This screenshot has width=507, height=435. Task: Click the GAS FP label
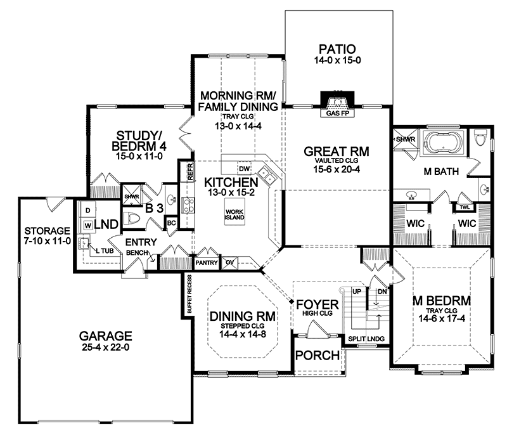click(337, 114)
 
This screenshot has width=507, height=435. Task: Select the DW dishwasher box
click(245, 168)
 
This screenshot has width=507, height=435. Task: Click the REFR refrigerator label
click(190, 171)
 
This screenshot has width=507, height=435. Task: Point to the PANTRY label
click(207, 263)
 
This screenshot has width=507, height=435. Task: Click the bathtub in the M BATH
click(443, 143)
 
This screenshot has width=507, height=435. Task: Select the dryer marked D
click(87, 211)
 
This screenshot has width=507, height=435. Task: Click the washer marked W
click(88, 225)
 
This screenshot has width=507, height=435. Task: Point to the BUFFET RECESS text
click(189, 294)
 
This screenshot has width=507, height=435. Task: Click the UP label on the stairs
click(357, 292)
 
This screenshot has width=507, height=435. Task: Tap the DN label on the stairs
click(382, 292)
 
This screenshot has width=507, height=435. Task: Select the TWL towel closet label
click(465, 207)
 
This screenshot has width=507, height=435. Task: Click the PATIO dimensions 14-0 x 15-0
click(337, 60)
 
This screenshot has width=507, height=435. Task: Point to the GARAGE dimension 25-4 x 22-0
click(105, 347)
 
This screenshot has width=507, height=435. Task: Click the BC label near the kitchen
click(171, 223)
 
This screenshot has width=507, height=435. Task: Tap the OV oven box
click(229, 263)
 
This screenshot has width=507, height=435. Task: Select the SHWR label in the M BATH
click(406, 140)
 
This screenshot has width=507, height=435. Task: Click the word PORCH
click(318, 356)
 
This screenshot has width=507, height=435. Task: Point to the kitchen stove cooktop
click(188, 205)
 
